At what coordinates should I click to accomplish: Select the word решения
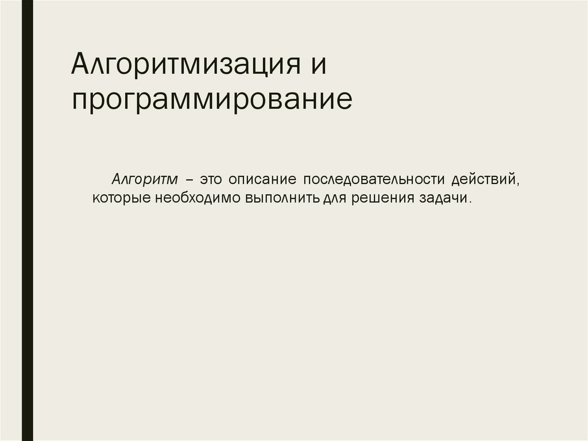380,199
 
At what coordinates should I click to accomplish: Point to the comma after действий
518,183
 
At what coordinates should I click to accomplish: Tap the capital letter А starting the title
80,64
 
